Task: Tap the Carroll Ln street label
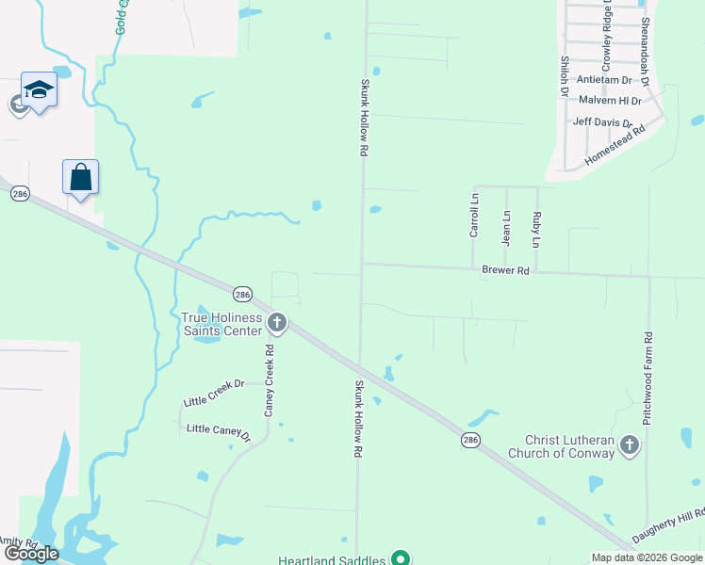(474, 216)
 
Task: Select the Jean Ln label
(506, 227)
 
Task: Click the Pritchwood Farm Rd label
(648, 379)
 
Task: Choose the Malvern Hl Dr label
(610, 100)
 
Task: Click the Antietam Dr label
(603, 80)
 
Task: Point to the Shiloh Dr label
(565, 74)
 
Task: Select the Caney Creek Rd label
(269, 381)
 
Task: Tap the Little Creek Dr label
(214, 384)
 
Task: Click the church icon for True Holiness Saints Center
(277, 324)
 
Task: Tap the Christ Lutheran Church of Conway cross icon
(630, 447)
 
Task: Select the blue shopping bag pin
(81, 176)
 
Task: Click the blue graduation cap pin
(39, 89)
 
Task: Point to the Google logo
(31, 554)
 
